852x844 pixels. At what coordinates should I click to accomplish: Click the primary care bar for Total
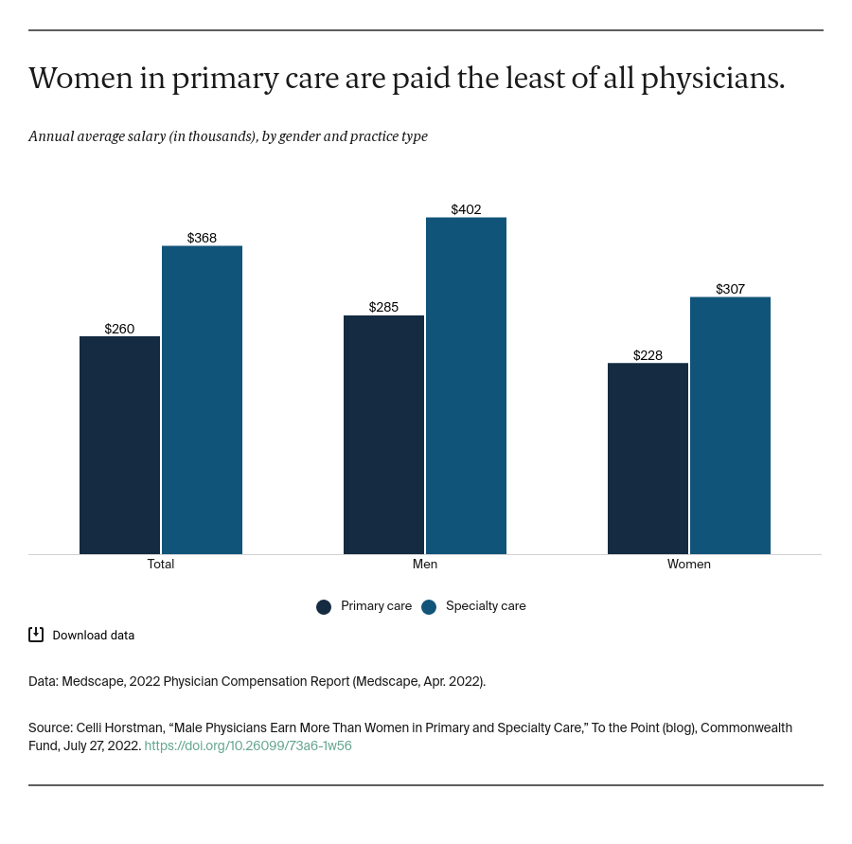[x=119, y=445]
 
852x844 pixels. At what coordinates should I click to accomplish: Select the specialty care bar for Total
[x=202, y=400]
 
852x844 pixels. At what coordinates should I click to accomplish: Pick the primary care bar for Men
[x=383, y=435]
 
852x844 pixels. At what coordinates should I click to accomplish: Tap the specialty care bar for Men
[x=466, y=386]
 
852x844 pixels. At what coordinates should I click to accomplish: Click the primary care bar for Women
[x=648, y=458]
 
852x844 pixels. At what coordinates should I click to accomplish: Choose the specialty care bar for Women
[x=730, y=425]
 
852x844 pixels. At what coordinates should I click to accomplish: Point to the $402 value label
[x=466, y=209]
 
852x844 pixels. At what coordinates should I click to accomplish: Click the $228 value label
[x=648, y=355]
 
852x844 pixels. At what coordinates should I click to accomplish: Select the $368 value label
[x=202, y=238]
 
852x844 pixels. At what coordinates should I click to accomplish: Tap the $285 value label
[x=383, y=307]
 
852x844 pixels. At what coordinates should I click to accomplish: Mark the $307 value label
[x=730, y=289]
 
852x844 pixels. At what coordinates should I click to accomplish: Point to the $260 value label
[x=119, y=329]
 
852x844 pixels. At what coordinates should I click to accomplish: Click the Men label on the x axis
[x=425, y=564]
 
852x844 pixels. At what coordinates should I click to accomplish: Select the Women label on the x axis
[x=688, y=564]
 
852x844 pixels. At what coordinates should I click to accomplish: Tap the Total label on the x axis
[x=161, y=564]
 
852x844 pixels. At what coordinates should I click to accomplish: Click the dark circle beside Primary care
[x=324, y=607]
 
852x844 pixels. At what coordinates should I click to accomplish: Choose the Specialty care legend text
[x=486, y=606]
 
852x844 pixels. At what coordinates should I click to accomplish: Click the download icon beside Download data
[x=36, y=635]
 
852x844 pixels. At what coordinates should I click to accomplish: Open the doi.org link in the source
[x=248, y=745]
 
